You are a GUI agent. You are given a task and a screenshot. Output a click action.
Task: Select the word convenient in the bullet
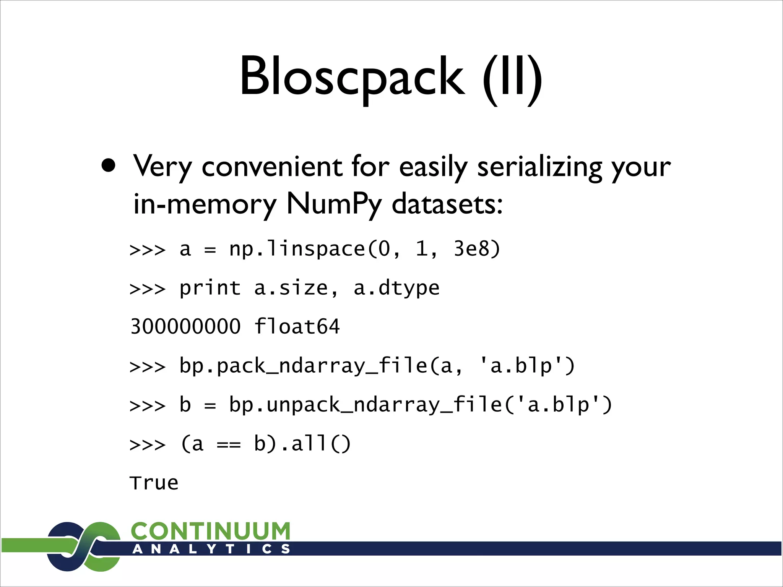[x=272, y=167]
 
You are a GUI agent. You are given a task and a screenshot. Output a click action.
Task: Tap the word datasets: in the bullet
[x=447, y=204]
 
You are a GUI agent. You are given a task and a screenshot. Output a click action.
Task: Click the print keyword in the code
[x=210, y=288]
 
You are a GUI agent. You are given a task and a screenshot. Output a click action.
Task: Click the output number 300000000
[x=185, y=327]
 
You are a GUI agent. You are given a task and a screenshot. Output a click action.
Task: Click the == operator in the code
[x=229, y=444]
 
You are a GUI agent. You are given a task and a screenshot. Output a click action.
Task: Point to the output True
[x=154, y=483]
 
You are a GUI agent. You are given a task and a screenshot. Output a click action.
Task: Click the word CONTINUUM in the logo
[x=211, y=531]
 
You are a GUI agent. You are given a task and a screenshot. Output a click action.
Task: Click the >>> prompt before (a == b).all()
[x=148, y=444]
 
